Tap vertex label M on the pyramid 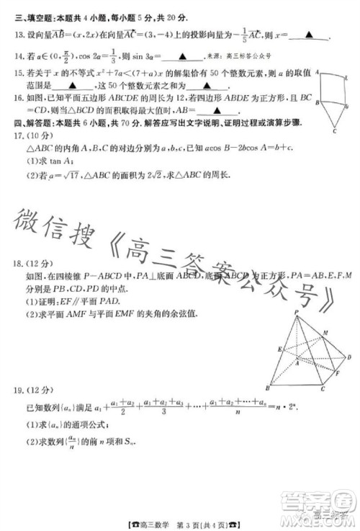pos(325,333)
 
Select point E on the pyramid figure pos(278,349)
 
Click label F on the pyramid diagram pos(338,375)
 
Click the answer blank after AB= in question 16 pos(222,109)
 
